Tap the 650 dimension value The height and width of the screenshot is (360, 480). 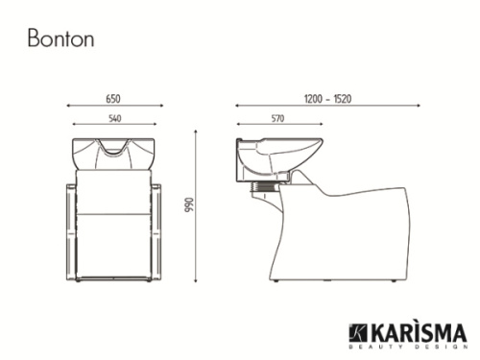pos(114,98)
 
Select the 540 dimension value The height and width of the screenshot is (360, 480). pos(114,118)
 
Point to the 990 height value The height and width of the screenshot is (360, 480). pos(190,205)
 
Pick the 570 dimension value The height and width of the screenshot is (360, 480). pos(277,118)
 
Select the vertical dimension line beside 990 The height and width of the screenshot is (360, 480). pos(198,205)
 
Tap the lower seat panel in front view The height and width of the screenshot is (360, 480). pos(114,245)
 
